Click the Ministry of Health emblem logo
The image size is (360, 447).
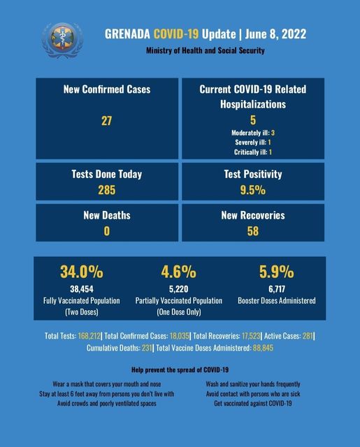click(x=63, y=40)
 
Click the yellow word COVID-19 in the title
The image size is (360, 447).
click(x=176, y=34)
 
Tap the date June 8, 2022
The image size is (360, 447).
click(x=275, y=34)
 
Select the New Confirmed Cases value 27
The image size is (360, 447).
click(x=107, y=121)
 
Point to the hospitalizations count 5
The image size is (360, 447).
click(x=253, y=120)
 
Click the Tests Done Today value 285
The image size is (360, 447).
click(x=107, y=190)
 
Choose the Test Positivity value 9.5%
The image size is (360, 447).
click(x=253, y=190)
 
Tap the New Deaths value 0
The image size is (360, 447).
click(x=107, y=231)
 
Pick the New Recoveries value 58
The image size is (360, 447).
click(x=253, y=231)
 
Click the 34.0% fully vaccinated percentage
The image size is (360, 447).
click(x=82, y=272)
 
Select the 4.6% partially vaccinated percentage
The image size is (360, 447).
click(x=178, y=272)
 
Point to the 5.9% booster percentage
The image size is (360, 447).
click(x=276, y=272)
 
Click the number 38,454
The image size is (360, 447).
click(x=82, y=289)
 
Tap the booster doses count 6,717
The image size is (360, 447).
click(x=277, y=289)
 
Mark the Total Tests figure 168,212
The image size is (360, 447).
click(x=89, y=336)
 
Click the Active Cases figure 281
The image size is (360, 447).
click(x=308, y=336)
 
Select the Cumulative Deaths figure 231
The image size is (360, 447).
click(x=147, y=348)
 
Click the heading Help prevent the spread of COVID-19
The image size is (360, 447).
click(x=180, y=370)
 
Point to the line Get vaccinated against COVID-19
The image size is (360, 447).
click(x=253, y=404)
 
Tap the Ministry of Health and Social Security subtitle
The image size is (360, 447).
click(x=206, y=50)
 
